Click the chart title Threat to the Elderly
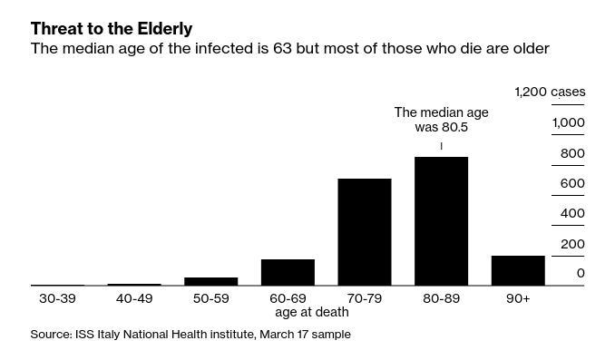click(x=111, y=28)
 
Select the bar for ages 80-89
click(x=441, y=221)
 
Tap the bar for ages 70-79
click(x=364, y=232)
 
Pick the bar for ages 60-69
click(x=288, y=272)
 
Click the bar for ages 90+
click(x=518, y=270)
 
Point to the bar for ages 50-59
click(x=210, y=281)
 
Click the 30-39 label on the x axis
click(x=57, y=297)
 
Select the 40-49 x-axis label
click(x=133, y=297)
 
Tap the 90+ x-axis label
click(x=518, y=297)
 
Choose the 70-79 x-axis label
click(x=364, y=297)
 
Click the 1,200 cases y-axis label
click(x=550, y=92)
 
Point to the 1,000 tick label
click(x=569, y=122)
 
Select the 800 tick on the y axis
click(x=572, y=153)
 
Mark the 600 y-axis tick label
click(x=572, y=183)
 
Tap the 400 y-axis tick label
click(x=572, y=213)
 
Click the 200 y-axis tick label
click(x=572, y=244)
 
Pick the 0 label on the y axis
click(x=581, y=273)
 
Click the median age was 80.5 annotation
click(x=441, y=120)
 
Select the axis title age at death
click(x=311, y=312)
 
